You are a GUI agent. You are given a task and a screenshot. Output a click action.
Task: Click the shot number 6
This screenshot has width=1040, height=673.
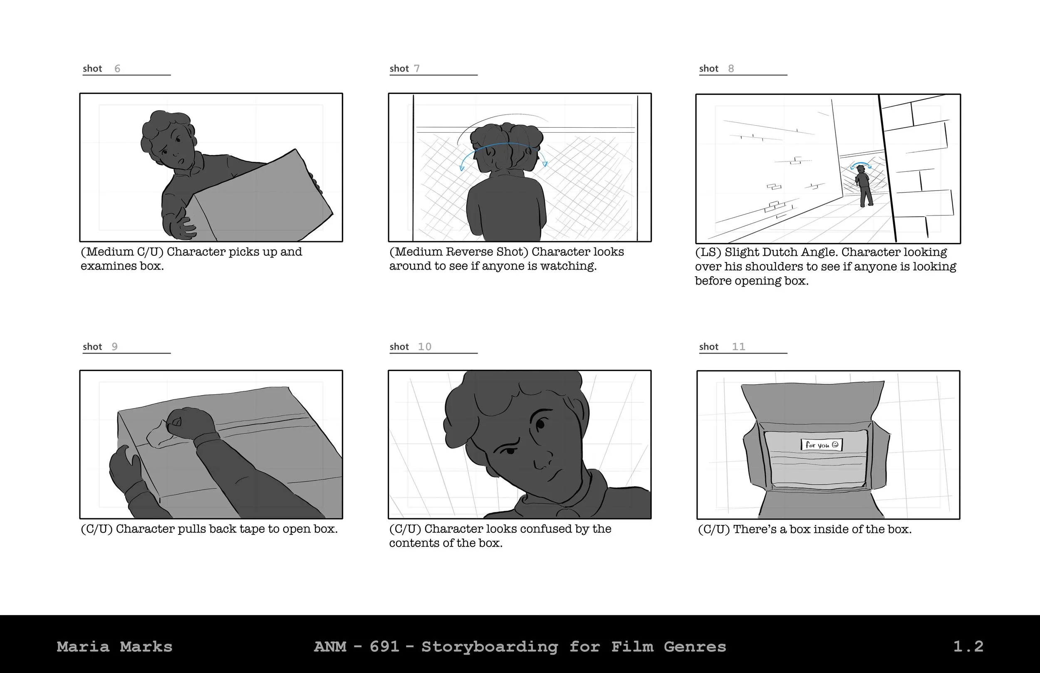click(117, 69)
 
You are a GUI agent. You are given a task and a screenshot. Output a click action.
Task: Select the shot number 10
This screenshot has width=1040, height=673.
click(425, 346)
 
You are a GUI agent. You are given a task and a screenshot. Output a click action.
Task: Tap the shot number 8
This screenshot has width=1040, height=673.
click(731, 69)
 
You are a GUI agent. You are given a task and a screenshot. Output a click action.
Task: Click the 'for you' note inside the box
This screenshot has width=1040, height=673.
click(822, 445)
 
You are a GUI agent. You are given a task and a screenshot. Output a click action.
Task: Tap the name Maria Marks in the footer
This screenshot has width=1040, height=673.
click(114, 646)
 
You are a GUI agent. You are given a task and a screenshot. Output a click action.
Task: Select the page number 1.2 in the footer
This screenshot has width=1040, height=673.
click(968, 646)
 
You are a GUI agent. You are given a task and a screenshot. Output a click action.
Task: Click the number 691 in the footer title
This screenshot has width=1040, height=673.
click(385, 646)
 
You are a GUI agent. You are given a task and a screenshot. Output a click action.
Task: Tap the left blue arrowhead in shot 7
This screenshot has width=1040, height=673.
click(462, 168)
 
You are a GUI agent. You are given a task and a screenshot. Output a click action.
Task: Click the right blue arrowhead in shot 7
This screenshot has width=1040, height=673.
click(545, 164)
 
